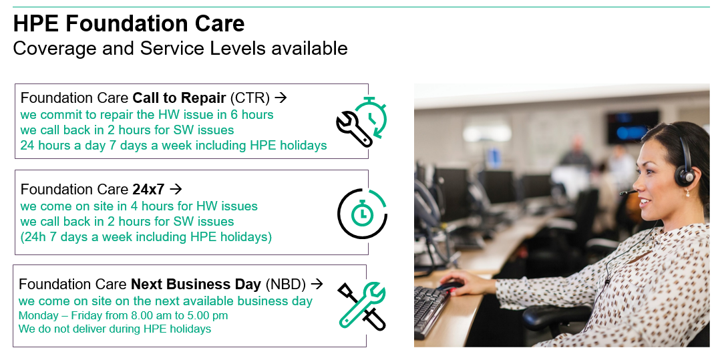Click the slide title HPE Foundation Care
pyautogui.click(x=129, y=23)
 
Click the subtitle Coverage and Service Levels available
pyautogui.click(x=180, y=48)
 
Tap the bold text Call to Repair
pyautogui.click(x=179, y=98)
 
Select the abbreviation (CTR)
pyautogui.click(x=250, y=98)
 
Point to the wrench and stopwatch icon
pyautogui.click(x=361, y=122)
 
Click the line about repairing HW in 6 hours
pyautogui.click(x=147, y=114)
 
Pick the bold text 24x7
pyautogui.click(x=149, y=189)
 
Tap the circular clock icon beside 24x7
pyautogui.click(x=363, y=213)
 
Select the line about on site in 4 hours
pyautogui.click(x=138, y=206)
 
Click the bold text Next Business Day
pyautogui.click(x=196, y=285)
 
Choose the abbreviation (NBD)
pyautogui.click(x=285, y=285)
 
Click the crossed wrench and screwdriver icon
pyautogui.click(x=361, y=305)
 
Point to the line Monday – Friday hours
pyautogui.click(x=123, y=316)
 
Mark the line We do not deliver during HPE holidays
pyautogui.click(x=114, y=329)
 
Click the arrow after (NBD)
pyautogui.click(x=317, y=284)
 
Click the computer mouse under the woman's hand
pyautogui.click(x=450, y=286)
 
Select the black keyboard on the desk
pyautogui.click(x=430, y=311)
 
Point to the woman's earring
pyautogui.click(x=687, y=192)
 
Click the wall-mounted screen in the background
pyautogui.click(x=632, y=128)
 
